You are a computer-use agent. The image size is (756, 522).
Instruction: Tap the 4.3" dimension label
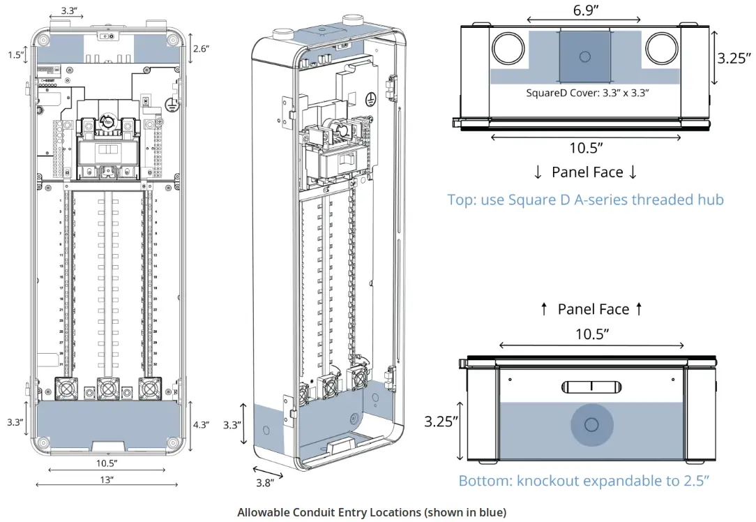(201, 425)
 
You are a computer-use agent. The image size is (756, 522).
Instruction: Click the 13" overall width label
(106, 479)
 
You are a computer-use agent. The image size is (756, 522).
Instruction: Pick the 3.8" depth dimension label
(264, 482)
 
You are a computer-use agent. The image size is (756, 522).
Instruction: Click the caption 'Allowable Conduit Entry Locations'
(371, 512)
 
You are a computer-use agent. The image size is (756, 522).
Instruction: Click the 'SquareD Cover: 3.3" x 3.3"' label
(588, 92)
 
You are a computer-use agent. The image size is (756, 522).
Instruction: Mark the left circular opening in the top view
(510, 50)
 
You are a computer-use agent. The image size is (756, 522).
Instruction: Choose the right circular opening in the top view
(661, 50)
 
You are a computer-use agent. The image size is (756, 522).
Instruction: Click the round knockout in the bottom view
(591, 424)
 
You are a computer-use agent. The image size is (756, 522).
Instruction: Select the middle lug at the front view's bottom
(107, 387)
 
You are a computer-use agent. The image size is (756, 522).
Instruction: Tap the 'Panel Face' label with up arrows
(593, 309)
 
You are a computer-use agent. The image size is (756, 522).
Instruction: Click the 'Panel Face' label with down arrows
(585, 172)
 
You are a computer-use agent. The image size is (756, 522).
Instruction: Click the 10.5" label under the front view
(106, 463)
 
